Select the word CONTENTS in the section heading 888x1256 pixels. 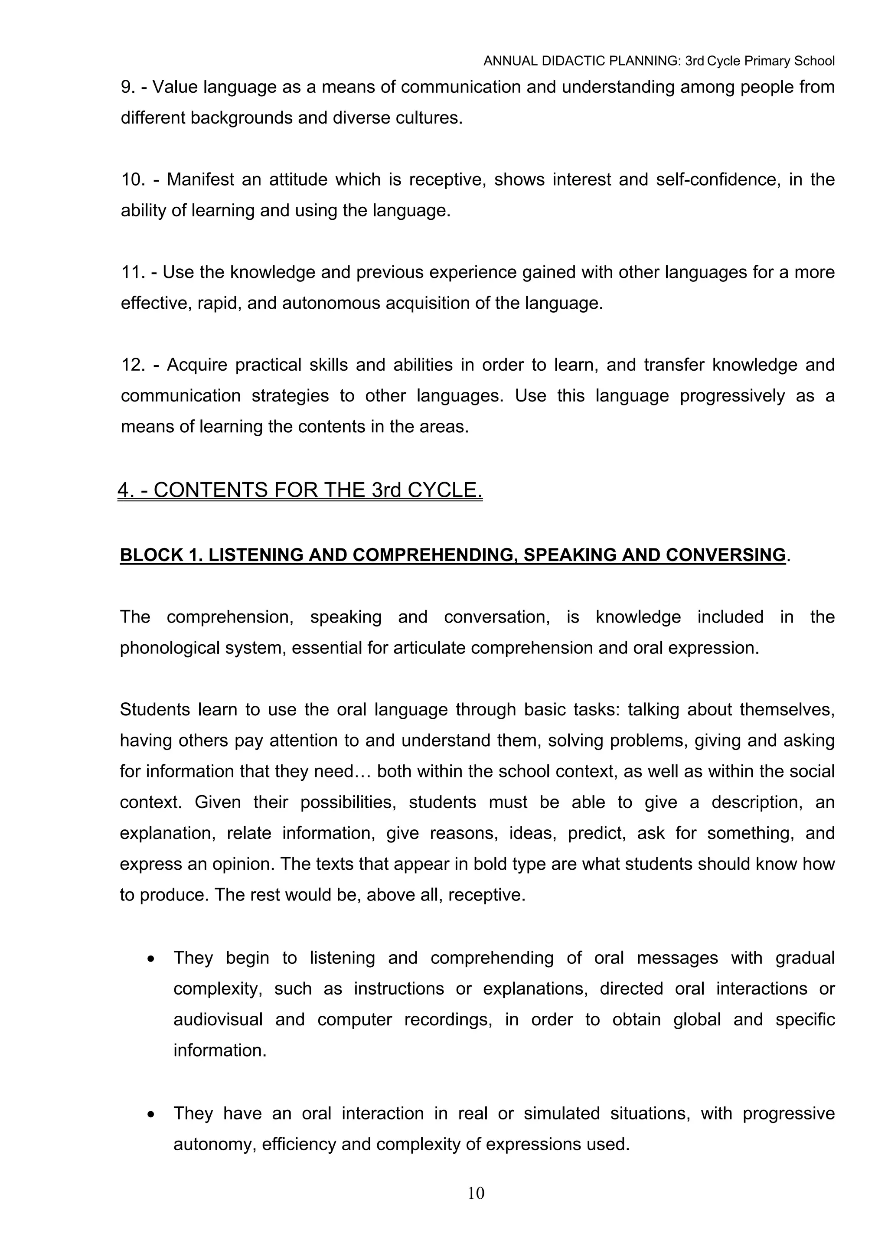click(x=210, y=490)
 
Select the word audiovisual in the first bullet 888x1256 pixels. click(x=218, y=1020)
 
